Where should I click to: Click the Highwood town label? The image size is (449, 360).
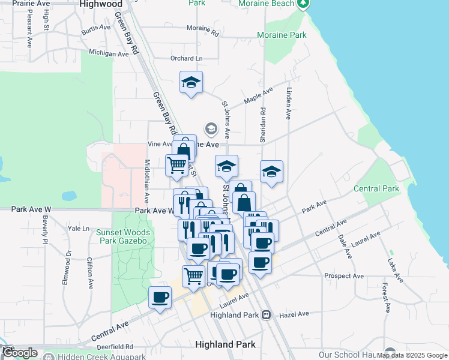[101, 4]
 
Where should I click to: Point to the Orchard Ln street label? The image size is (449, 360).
[186, 59]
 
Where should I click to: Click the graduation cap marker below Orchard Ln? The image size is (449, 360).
[191, 83]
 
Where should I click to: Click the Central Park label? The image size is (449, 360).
[376, 189]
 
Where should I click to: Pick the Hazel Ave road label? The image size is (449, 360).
[294, 314]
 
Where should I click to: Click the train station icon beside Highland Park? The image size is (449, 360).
[266, 314]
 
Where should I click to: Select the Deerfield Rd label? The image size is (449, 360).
[113, 347]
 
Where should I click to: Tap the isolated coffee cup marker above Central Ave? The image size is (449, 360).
[160, 298]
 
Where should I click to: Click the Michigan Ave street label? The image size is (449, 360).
[109, 54]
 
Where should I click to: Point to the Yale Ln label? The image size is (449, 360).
[79, 229]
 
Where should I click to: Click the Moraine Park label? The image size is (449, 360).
[282, 35]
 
